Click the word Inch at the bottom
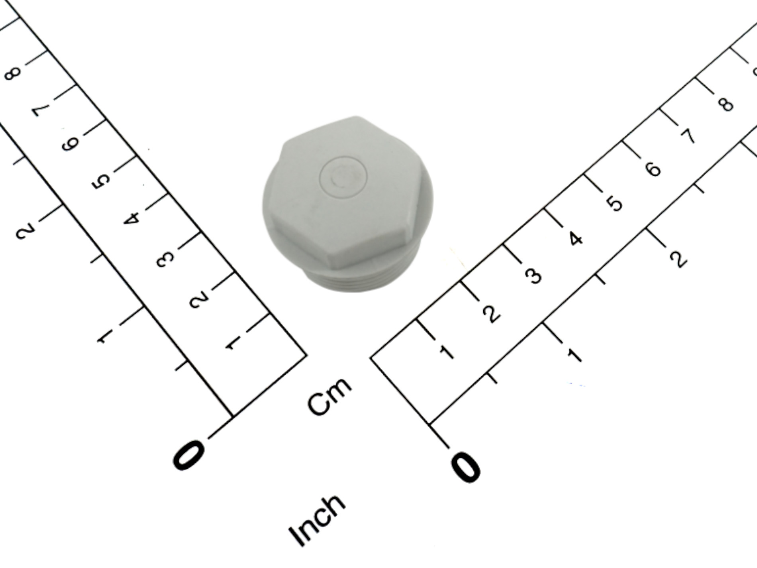click(x=317, y=521)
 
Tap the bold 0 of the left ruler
click(x=189, y=455)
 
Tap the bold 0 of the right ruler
click(x=465, y=467)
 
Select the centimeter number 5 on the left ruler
click(x=101, y=182)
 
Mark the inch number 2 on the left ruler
click(x=25, y=231)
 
